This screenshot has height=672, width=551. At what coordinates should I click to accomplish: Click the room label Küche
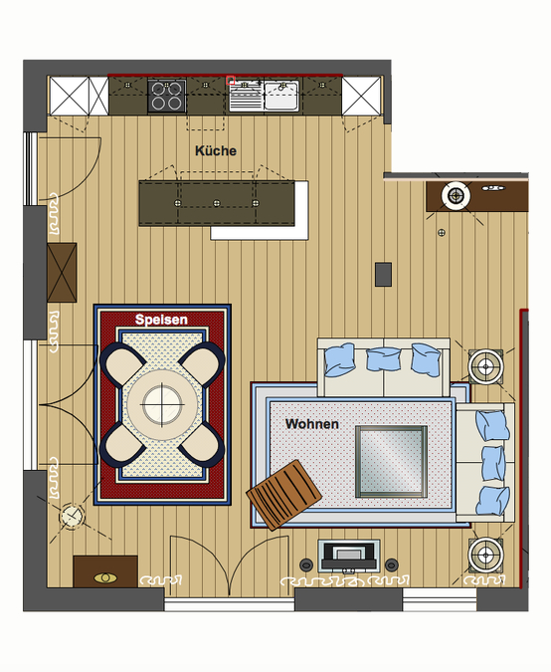216,151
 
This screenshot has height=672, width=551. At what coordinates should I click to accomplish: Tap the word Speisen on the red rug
161,320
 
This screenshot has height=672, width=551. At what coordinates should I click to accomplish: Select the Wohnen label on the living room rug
311,424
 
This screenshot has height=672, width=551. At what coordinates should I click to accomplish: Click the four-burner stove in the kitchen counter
167,96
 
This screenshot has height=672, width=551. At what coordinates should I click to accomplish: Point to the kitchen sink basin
280,96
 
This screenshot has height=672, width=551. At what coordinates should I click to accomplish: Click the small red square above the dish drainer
231,81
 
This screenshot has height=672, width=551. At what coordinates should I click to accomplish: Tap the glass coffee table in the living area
391,462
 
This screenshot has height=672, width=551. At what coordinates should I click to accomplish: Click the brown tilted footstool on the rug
284,495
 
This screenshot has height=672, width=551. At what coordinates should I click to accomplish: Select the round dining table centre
162,404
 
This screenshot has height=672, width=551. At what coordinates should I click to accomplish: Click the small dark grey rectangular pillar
383,275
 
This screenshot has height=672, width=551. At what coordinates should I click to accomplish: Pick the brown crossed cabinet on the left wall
62,273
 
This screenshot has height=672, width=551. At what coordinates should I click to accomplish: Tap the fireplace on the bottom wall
349,556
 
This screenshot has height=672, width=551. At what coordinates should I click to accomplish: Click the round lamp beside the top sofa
485,366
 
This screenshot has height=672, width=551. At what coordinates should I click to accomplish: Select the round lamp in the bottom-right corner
485,555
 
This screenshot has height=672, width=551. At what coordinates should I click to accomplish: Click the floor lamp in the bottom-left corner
71,516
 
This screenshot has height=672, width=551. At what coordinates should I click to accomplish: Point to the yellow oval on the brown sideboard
105,578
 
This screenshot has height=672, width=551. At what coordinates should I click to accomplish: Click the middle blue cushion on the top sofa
384,358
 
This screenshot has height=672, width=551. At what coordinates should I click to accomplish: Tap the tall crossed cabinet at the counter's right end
361,96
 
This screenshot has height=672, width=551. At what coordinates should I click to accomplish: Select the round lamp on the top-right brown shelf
456,196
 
